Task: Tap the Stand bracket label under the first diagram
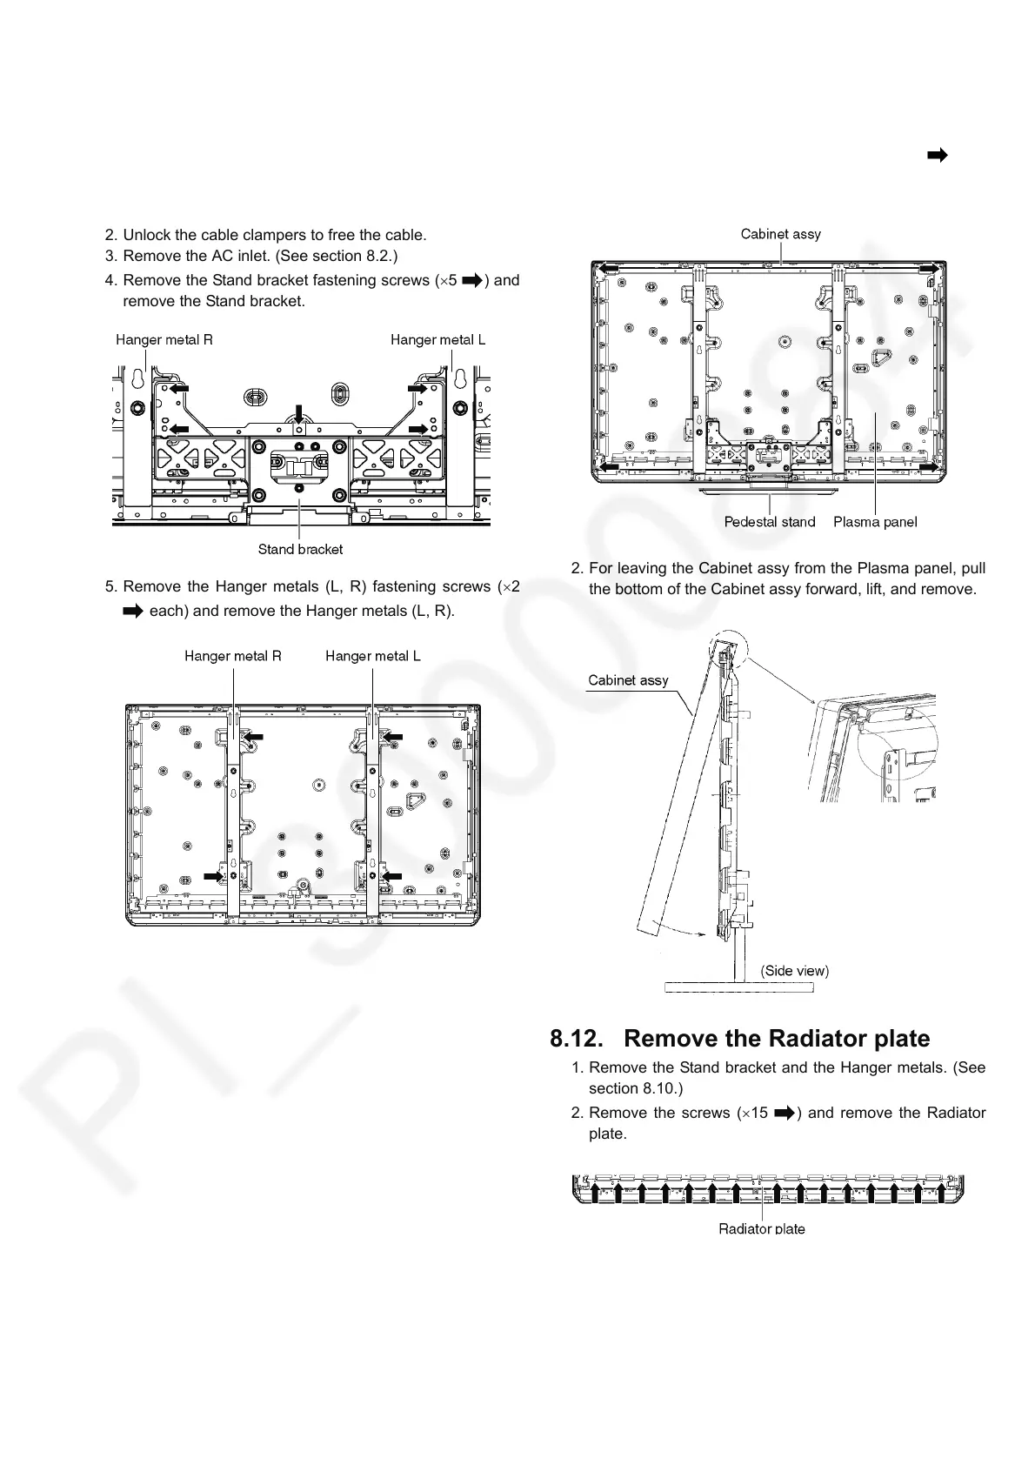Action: click(300, 549)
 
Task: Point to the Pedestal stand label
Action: click(770, 522)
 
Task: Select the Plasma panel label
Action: click(875, 522)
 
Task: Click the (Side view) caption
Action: click(795, 970)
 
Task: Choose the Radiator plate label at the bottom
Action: click(762, 1228)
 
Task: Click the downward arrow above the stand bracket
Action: click(298, 413)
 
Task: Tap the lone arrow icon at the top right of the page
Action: click(937, 156)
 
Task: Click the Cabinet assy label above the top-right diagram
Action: click(780, 234)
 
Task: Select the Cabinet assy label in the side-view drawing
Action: click(628, 680)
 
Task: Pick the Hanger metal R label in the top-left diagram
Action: click(164, 340)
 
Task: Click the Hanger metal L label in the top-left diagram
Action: click(438, 340)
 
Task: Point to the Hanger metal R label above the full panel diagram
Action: click(233, 656)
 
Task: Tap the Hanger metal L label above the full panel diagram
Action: click(373, 656)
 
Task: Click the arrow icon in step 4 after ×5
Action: click(471, 280)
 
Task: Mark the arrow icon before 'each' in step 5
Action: click(132, 611)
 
